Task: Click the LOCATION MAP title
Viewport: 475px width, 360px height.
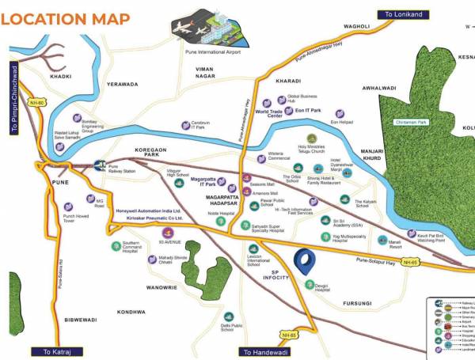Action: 68,17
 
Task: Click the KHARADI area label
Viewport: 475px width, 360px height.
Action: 287,81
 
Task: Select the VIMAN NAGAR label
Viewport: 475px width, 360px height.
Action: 194,74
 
